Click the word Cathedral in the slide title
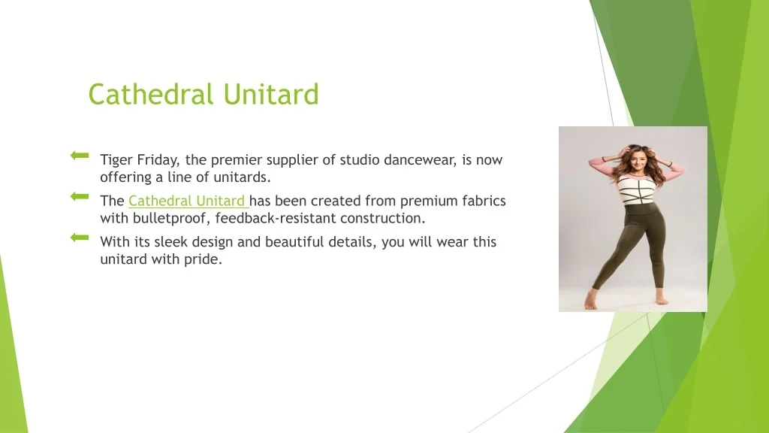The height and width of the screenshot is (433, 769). [151, 94]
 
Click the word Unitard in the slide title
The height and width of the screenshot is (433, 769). [271, 94]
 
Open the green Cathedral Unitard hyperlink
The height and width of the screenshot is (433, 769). [187, 201]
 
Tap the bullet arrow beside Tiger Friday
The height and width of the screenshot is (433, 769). [80, 156]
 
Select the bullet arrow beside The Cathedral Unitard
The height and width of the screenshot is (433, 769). [80, 197]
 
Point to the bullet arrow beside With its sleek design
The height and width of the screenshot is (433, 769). [80, 238]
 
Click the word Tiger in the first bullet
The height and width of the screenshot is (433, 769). [116, 160]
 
